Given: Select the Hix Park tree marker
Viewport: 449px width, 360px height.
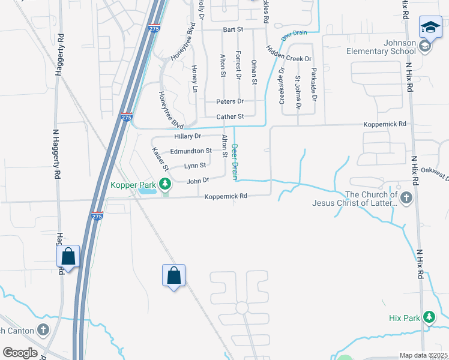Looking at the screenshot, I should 429,317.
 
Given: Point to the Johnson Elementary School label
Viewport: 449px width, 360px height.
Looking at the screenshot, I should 381,47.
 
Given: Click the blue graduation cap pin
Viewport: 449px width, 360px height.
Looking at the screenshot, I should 430,28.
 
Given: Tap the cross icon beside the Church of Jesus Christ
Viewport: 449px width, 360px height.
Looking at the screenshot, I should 406,197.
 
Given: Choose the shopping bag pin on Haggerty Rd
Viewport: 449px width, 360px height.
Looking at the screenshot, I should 68,257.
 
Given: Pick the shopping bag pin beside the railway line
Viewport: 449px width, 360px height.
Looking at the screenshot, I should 173,276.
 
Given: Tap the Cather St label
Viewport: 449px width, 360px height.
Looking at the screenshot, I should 230,116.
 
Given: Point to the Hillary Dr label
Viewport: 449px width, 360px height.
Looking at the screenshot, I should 187,136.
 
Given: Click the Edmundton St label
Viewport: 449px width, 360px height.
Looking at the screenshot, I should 191,151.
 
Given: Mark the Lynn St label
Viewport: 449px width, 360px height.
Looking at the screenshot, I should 195,166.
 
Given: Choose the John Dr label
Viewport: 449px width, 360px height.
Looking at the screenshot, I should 197,180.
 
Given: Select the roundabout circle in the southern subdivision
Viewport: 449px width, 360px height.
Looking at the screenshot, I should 242,308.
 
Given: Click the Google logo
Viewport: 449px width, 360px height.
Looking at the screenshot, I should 20,353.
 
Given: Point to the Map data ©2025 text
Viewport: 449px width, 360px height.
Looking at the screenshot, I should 423,355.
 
